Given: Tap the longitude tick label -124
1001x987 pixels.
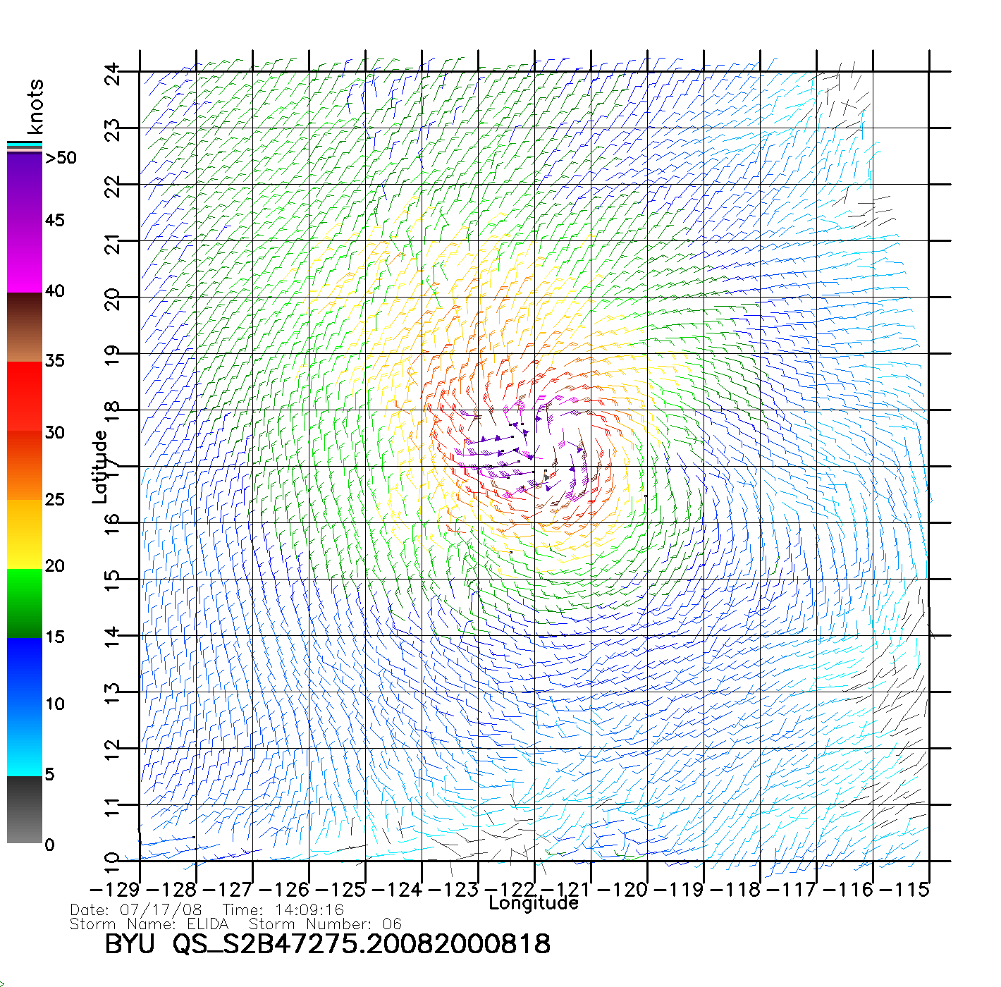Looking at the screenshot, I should (397, 890).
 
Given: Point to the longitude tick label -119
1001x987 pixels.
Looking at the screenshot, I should (679, 890).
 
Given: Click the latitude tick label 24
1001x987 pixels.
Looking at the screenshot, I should (113, 73).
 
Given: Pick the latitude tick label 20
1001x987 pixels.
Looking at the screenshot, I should (113, 299).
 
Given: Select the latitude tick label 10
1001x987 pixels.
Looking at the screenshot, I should (113, 862).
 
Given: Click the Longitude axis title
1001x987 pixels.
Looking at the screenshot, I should (534, 903).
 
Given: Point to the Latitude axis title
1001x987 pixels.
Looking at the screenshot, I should (100, 467).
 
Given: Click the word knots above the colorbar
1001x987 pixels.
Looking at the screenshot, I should (35, 106).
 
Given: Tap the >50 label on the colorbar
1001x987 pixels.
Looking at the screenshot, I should (61, 158).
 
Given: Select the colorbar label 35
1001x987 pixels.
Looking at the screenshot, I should (54, 361).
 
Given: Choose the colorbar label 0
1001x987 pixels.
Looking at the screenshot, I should (49, 845).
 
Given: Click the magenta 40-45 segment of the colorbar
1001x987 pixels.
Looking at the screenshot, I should (25, 257).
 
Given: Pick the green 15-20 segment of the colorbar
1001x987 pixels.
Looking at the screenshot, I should (25, 603).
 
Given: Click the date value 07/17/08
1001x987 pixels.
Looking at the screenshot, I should (161, 910).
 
